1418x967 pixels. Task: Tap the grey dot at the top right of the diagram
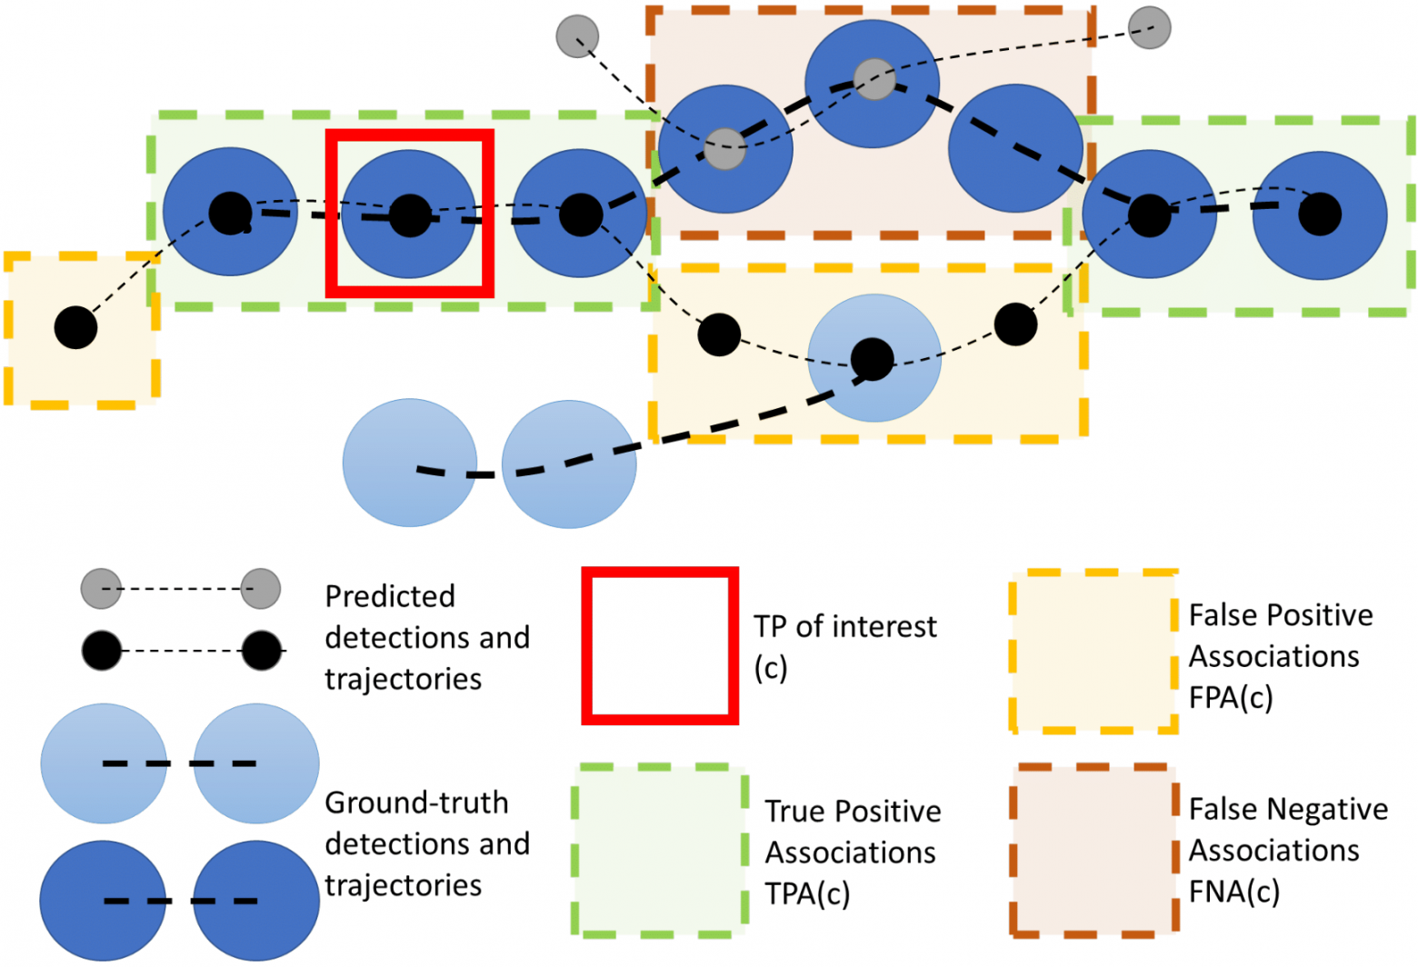point(1149,27)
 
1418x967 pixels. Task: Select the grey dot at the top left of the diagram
point(577,36)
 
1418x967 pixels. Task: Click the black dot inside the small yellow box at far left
point(76,327)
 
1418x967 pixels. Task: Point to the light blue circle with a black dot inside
point(874,358)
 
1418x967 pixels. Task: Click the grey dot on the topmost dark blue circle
point(874,79)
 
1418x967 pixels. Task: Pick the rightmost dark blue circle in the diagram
point(1320,214)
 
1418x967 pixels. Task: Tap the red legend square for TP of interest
point(660,646)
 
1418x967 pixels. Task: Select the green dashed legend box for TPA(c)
point(660,850)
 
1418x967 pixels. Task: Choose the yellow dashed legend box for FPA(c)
point(1094,652)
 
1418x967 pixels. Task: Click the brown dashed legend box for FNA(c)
point(1094,850)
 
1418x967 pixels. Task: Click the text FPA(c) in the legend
point(1231,698)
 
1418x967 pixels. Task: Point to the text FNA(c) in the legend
point(1234,892)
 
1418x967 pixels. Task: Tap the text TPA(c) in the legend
point(807,894)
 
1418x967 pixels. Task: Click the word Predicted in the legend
point(390,596)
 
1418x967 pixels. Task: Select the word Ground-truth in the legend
point(416,803)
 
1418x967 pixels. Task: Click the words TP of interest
point(844,627)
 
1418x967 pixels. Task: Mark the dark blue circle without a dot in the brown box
point(1015,148)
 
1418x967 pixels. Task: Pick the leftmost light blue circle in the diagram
point(409,463)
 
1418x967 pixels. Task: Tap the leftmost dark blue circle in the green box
point(230,212)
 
